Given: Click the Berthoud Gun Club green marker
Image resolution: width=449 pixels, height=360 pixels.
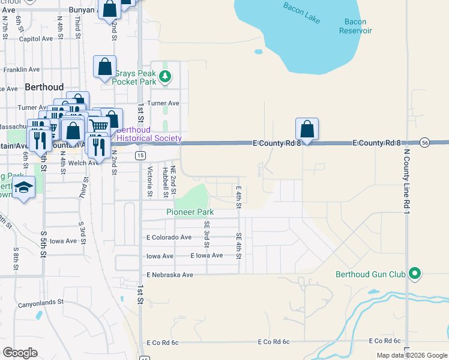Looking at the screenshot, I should tap(414, 274).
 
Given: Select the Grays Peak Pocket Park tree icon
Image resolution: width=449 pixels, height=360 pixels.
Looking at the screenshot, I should tap(166, 76).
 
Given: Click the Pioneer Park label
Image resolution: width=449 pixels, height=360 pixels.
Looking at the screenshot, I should tap(190, 212).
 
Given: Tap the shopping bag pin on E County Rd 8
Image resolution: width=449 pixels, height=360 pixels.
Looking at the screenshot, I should tap(307, 129).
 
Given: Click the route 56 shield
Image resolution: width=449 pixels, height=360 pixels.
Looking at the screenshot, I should tap(424, 143).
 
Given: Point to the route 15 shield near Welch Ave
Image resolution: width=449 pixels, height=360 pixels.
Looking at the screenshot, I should tap(140, 155).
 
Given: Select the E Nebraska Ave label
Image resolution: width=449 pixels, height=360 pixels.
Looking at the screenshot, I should tap(170, 275).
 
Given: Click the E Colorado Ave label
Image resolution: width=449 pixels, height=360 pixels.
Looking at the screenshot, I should tap(170, 237).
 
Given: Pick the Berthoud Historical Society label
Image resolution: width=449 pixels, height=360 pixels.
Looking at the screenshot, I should tap(149, 134).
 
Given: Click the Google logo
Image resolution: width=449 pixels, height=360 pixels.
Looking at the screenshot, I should tap(20, 353).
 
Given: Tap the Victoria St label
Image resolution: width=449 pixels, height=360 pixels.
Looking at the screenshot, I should tap(150, 182).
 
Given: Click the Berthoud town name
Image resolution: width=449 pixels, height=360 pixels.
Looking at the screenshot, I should tap(44, 87).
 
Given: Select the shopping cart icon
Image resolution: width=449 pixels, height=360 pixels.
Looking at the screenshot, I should tap(98, 125).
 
